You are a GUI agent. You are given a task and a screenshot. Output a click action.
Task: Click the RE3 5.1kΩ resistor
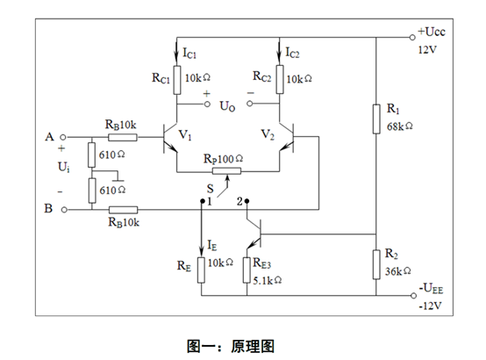point(248,268)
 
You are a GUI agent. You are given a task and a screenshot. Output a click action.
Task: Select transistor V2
point(286,139)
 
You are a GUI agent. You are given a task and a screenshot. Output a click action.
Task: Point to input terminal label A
point(47,138)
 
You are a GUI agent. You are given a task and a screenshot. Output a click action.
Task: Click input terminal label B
point(47,210)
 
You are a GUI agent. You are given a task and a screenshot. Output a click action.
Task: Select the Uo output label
point(227,106)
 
